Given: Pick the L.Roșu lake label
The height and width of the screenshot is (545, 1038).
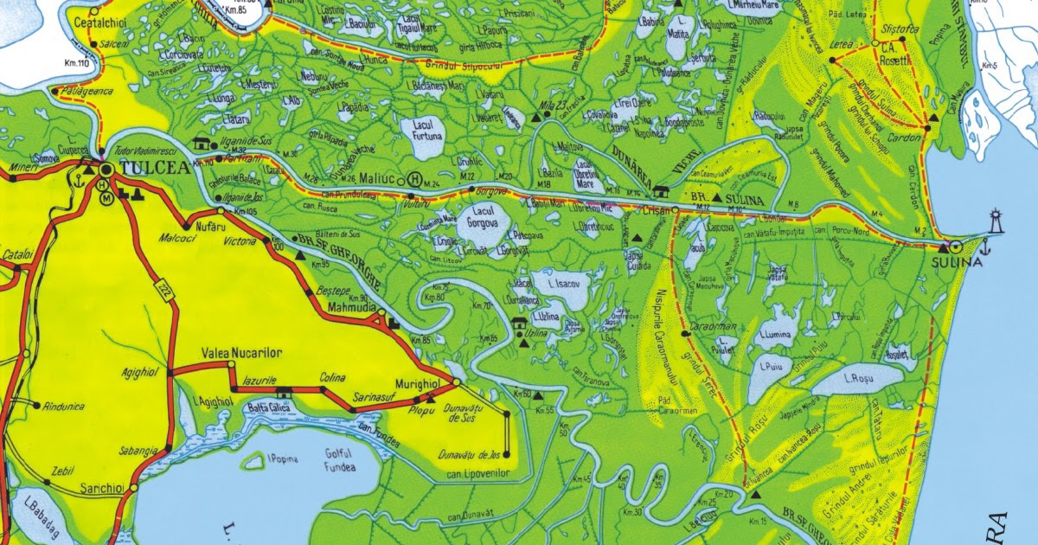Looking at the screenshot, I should [x=859, y=378].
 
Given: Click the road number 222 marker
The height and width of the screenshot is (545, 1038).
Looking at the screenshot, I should [x=163, y=289].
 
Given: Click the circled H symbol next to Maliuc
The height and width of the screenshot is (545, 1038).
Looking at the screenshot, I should [x=414, y=180].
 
